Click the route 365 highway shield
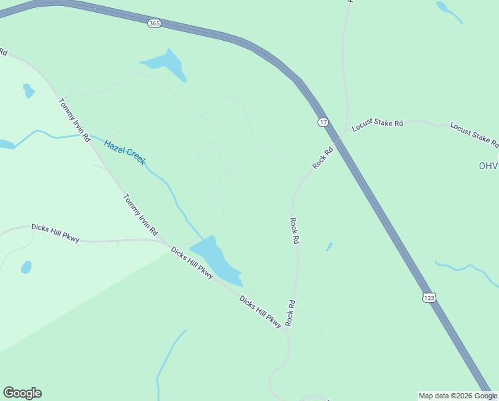coord(154,23)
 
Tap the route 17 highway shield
coord(323,122)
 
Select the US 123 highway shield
coord(429,297)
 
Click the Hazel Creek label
coord(125,152)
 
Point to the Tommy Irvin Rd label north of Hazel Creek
coord(74,121)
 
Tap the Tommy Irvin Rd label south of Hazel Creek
coord(140,215)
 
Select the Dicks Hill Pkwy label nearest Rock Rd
coord(261,311)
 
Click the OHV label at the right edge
coord(488,166)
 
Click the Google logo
coord(22,393)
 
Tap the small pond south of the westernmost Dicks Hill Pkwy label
coord(26,267)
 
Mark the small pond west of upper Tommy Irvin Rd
coord(28,90)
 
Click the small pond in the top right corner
coord(442,7)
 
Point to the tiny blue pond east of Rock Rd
coord(329,247)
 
